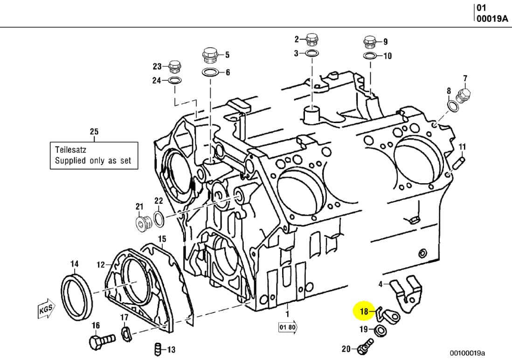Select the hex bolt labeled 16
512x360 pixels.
[100, 342]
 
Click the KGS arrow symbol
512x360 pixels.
[46, 309]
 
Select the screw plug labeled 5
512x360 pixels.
[210, 55]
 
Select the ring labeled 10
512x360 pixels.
[370, 56]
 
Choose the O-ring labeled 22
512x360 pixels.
[158, 218]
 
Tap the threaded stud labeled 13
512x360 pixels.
[158, 348]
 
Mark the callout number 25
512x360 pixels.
[94, 132]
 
